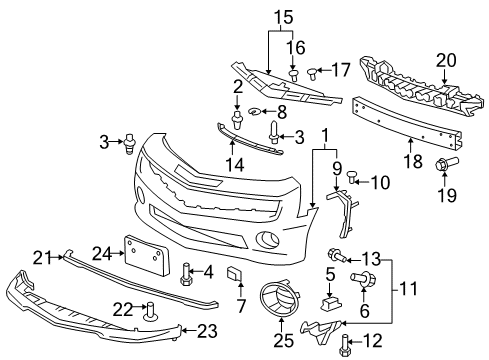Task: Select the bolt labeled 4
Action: coord(186,271)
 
